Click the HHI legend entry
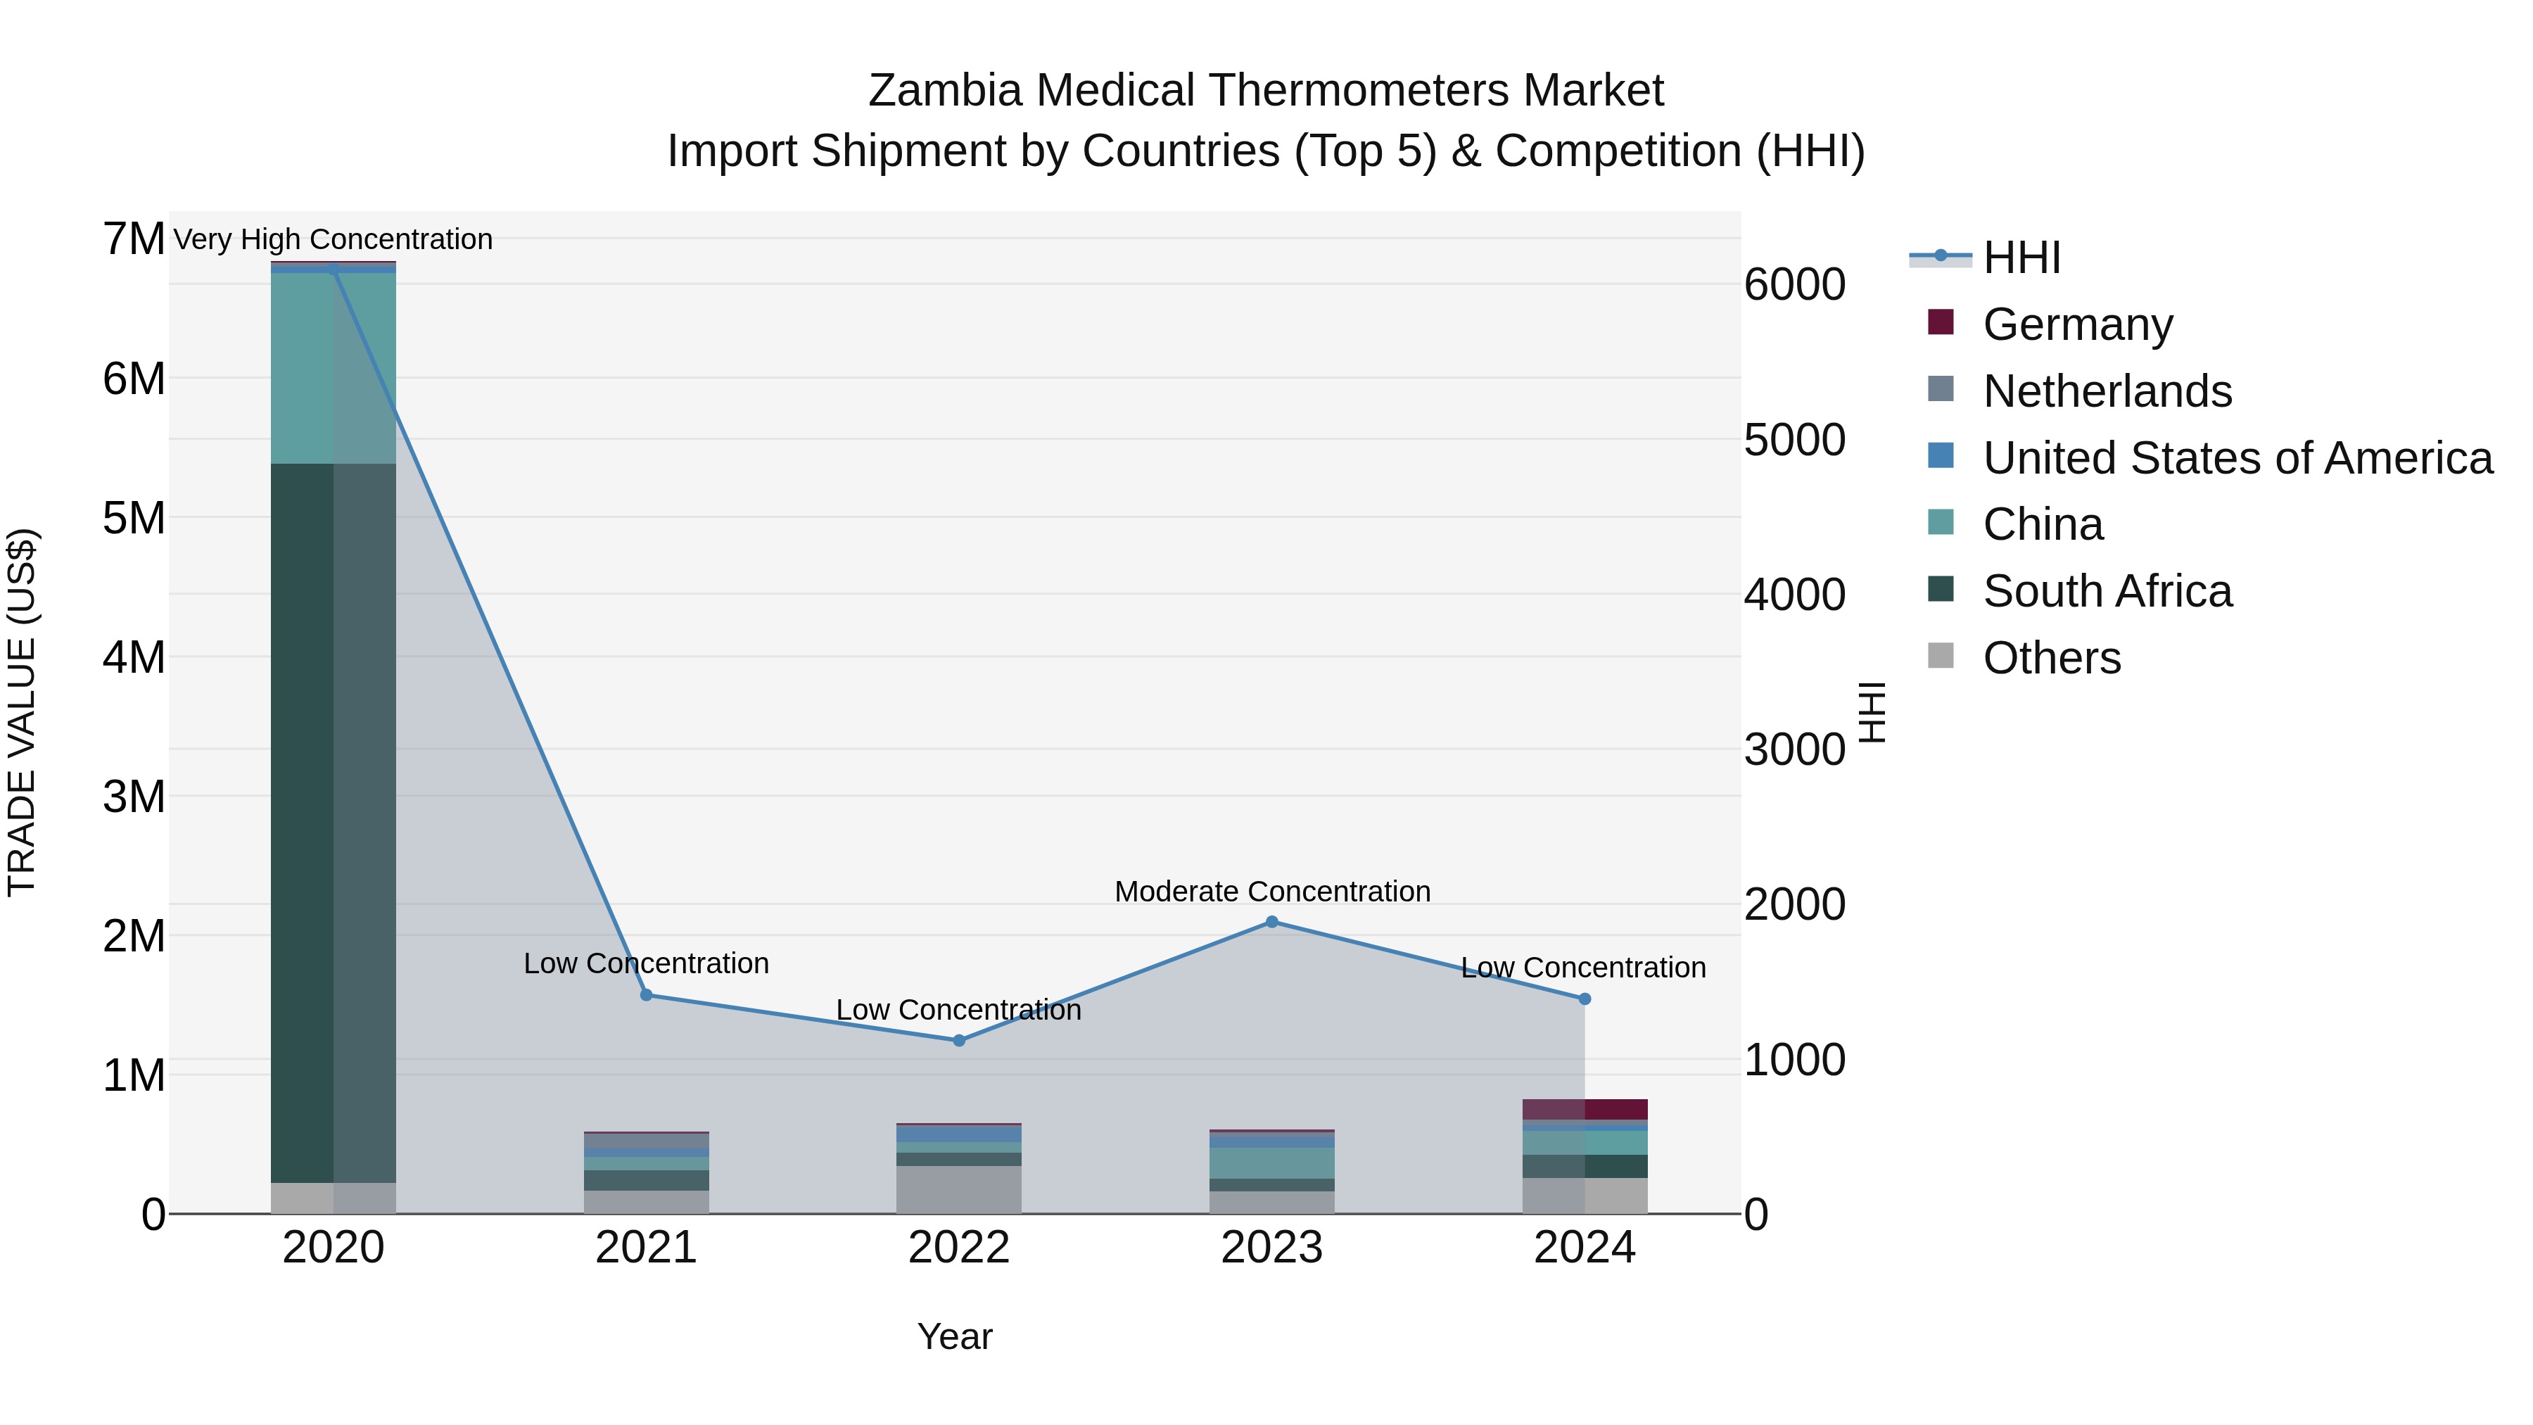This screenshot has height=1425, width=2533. [x=2021, y=258]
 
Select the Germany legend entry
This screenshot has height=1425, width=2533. [x=2077, y=324]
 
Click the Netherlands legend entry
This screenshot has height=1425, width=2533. [x=2106, y=391]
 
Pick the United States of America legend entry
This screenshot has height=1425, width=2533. [x=2237, y=457]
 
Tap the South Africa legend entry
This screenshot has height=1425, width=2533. [x=2106, y=591]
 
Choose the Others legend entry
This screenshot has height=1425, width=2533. [x=2051, y=658]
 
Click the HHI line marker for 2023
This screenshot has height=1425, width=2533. [x=1271, y=921]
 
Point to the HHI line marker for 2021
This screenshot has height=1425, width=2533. [x=646, y=994]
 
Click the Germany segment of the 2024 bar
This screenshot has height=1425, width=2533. [x=1584, y=1108]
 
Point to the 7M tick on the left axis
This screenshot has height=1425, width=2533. [x=134, y=239]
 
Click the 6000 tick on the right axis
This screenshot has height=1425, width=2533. [x=1794, y=284]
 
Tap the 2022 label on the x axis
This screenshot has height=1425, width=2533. [x=959, y=1247]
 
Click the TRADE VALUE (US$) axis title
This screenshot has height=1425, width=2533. [x=22, y=712]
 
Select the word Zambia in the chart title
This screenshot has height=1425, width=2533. [x=945, y=91]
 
